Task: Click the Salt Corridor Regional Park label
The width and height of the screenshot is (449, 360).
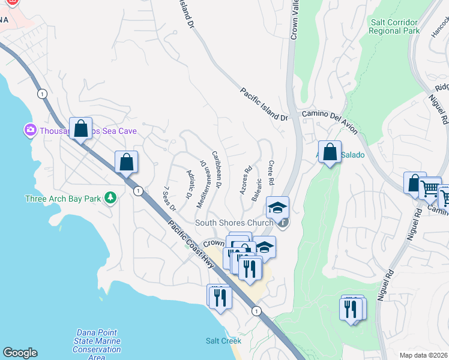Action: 394,26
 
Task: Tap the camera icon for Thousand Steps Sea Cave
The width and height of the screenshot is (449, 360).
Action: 29,130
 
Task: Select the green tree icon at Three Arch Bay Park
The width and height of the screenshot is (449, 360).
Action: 110,198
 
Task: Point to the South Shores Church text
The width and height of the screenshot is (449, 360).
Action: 234,223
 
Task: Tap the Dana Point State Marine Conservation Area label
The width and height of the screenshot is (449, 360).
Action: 98,345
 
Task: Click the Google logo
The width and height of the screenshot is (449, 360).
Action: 20,353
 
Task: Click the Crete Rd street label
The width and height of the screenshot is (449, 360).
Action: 271,172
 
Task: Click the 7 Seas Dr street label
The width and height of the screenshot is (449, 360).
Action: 169,199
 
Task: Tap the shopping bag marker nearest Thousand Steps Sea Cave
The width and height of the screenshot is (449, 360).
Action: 80,128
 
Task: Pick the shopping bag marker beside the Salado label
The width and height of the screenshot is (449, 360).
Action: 330,152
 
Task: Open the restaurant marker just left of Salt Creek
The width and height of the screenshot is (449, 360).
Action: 220,296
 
